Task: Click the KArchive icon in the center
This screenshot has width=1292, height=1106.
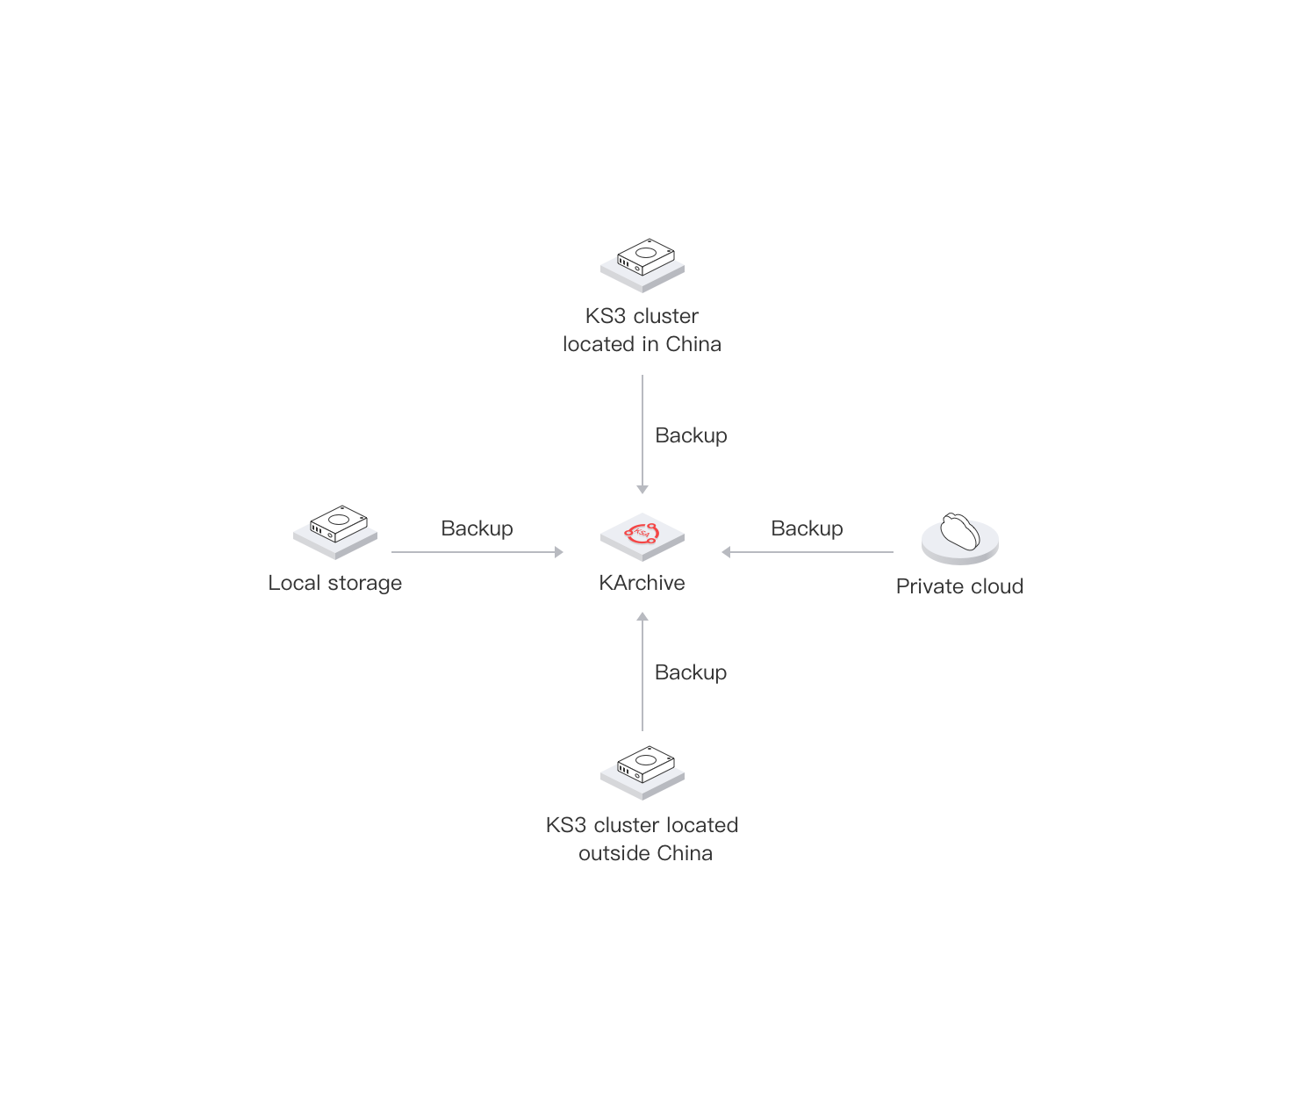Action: [642, 535]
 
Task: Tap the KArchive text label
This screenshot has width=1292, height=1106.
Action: [642, 583]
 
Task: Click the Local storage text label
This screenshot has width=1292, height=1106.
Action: [335, 583]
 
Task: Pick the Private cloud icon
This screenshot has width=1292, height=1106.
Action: [959, 537]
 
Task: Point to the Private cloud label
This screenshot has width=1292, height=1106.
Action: [959, 586]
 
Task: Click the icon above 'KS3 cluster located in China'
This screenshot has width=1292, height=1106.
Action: [642, 263]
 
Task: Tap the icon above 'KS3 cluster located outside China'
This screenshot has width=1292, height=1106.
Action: [642, 772]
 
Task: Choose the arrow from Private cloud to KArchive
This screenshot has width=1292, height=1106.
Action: [807, 552]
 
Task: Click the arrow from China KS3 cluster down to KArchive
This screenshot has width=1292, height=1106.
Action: [642, 434]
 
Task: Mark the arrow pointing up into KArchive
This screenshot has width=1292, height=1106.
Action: [642, 671]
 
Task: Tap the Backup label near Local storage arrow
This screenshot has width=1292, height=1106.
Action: [477, 528]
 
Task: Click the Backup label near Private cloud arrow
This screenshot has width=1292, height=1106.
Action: [807, 528]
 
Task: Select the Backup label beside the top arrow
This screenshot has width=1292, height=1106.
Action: [691, 435]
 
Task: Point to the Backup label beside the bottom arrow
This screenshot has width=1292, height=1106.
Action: [691, 672]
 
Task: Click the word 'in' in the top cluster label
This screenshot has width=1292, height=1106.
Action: [650, 344]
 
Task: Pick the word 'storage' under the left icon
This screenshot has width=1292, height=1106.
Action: [364, 584]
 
